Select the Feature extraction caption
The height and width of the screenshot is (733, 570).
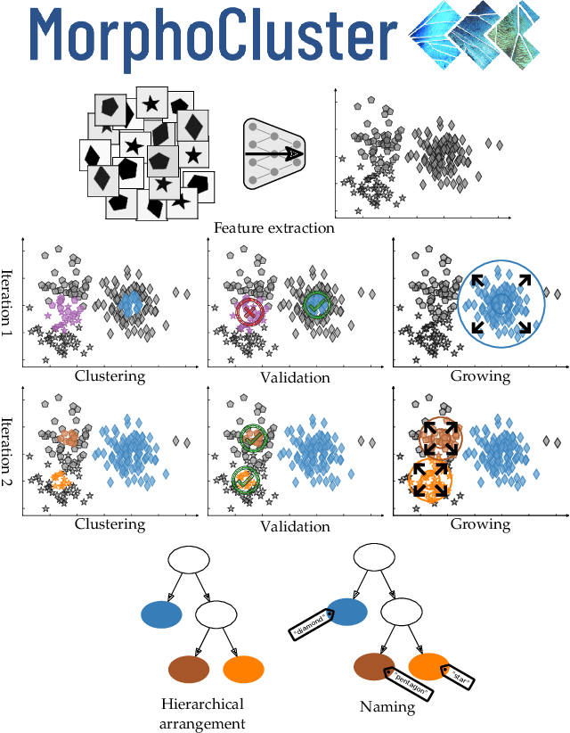(x=273, y=227)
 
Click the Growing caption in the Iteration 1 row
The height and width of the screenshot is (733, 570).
(x=480, y=376)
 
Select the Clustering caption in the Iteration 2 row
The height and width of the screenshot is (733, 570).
(x=110, y=525)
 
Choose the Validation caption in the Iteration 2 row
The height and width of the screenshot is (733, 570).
(x=295, y=526)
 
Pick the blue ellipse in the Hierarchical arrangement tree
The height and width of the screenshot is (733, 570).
(x=161, y=614)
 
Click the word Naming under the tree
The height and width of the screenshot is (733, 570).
(x=387, y=707)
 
